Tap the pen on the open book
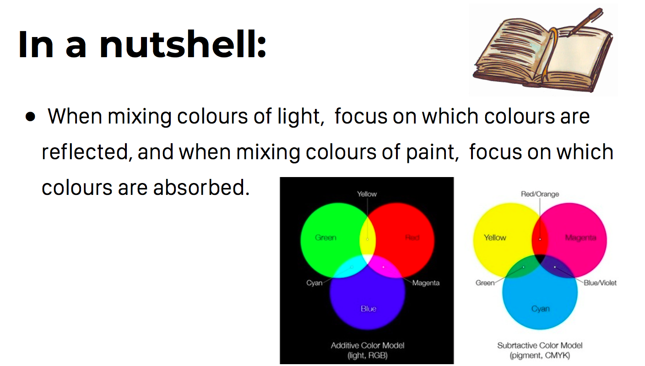[x=585, y=22]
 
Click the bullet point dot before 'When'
[x=30, y=117]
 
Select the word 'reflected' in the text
[x=85, y=152]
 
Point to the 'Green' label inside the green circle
[x=325, y=237]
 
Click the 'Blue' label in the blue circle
[x=369, y=309]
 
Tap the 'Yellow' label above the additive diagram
[x=367, y=194]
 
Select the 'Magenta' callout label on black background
[x=426, y=283]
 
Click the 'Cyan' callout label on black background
[x=314, y=283]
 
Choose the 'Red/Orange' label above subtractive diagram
[x=540, y=194]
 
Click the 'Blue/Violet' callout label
[x=600, y=283]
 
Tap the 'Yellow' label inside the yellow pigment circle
[x=495, y=237]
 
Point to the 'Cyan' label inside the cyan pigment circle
[x=541, y=309]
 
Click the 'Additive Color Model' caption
[x=368, y=345]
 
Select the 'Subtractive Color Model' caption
[x=540, y=345]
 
